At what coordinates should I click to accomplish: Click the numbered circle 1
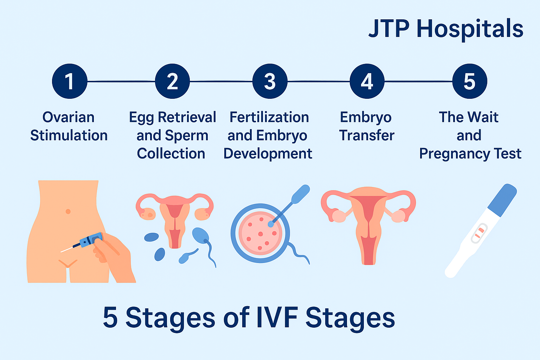pyautogui.click(x=69, y=81)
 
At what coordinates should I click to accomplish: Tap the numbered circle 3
pyautogui.click(x=270, y=81)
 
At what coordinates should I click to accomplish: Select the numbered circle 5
pyautogui.click(x=469, y=81)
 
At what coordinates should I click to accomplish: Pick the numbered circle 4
pyautogui.click(x=367, y=81)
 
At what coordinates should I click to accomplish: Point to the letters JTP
pyautogui.click(x=389, y=29)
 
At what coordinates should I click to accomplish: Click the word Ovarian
pyautogui.click(x=69, y=117)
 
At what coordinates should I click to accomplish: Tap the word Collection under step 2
pyautogui.click(x=171, y=154)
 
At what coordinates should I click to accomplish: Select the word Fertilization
pyautogui.click(x=269, y=117)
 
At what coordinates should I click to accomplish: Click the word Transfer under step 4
pyautogui.click(x=367, y=136)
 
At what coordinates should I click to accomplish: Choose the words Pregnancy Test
pyautogui.click(x=470, y=154)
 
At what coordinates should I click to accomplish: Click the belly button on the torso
pyautogui.click(x=68, y=211)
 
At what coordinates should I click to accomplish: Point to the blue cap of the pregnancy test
pyautogui.click(x=502, y=200)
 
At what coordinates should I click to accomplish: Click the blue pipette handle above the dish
pyautogui.click(x=300, y=194)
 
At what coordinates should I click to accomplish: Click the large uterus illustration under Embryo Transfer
pyautogui.click(x=368, y=221)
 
